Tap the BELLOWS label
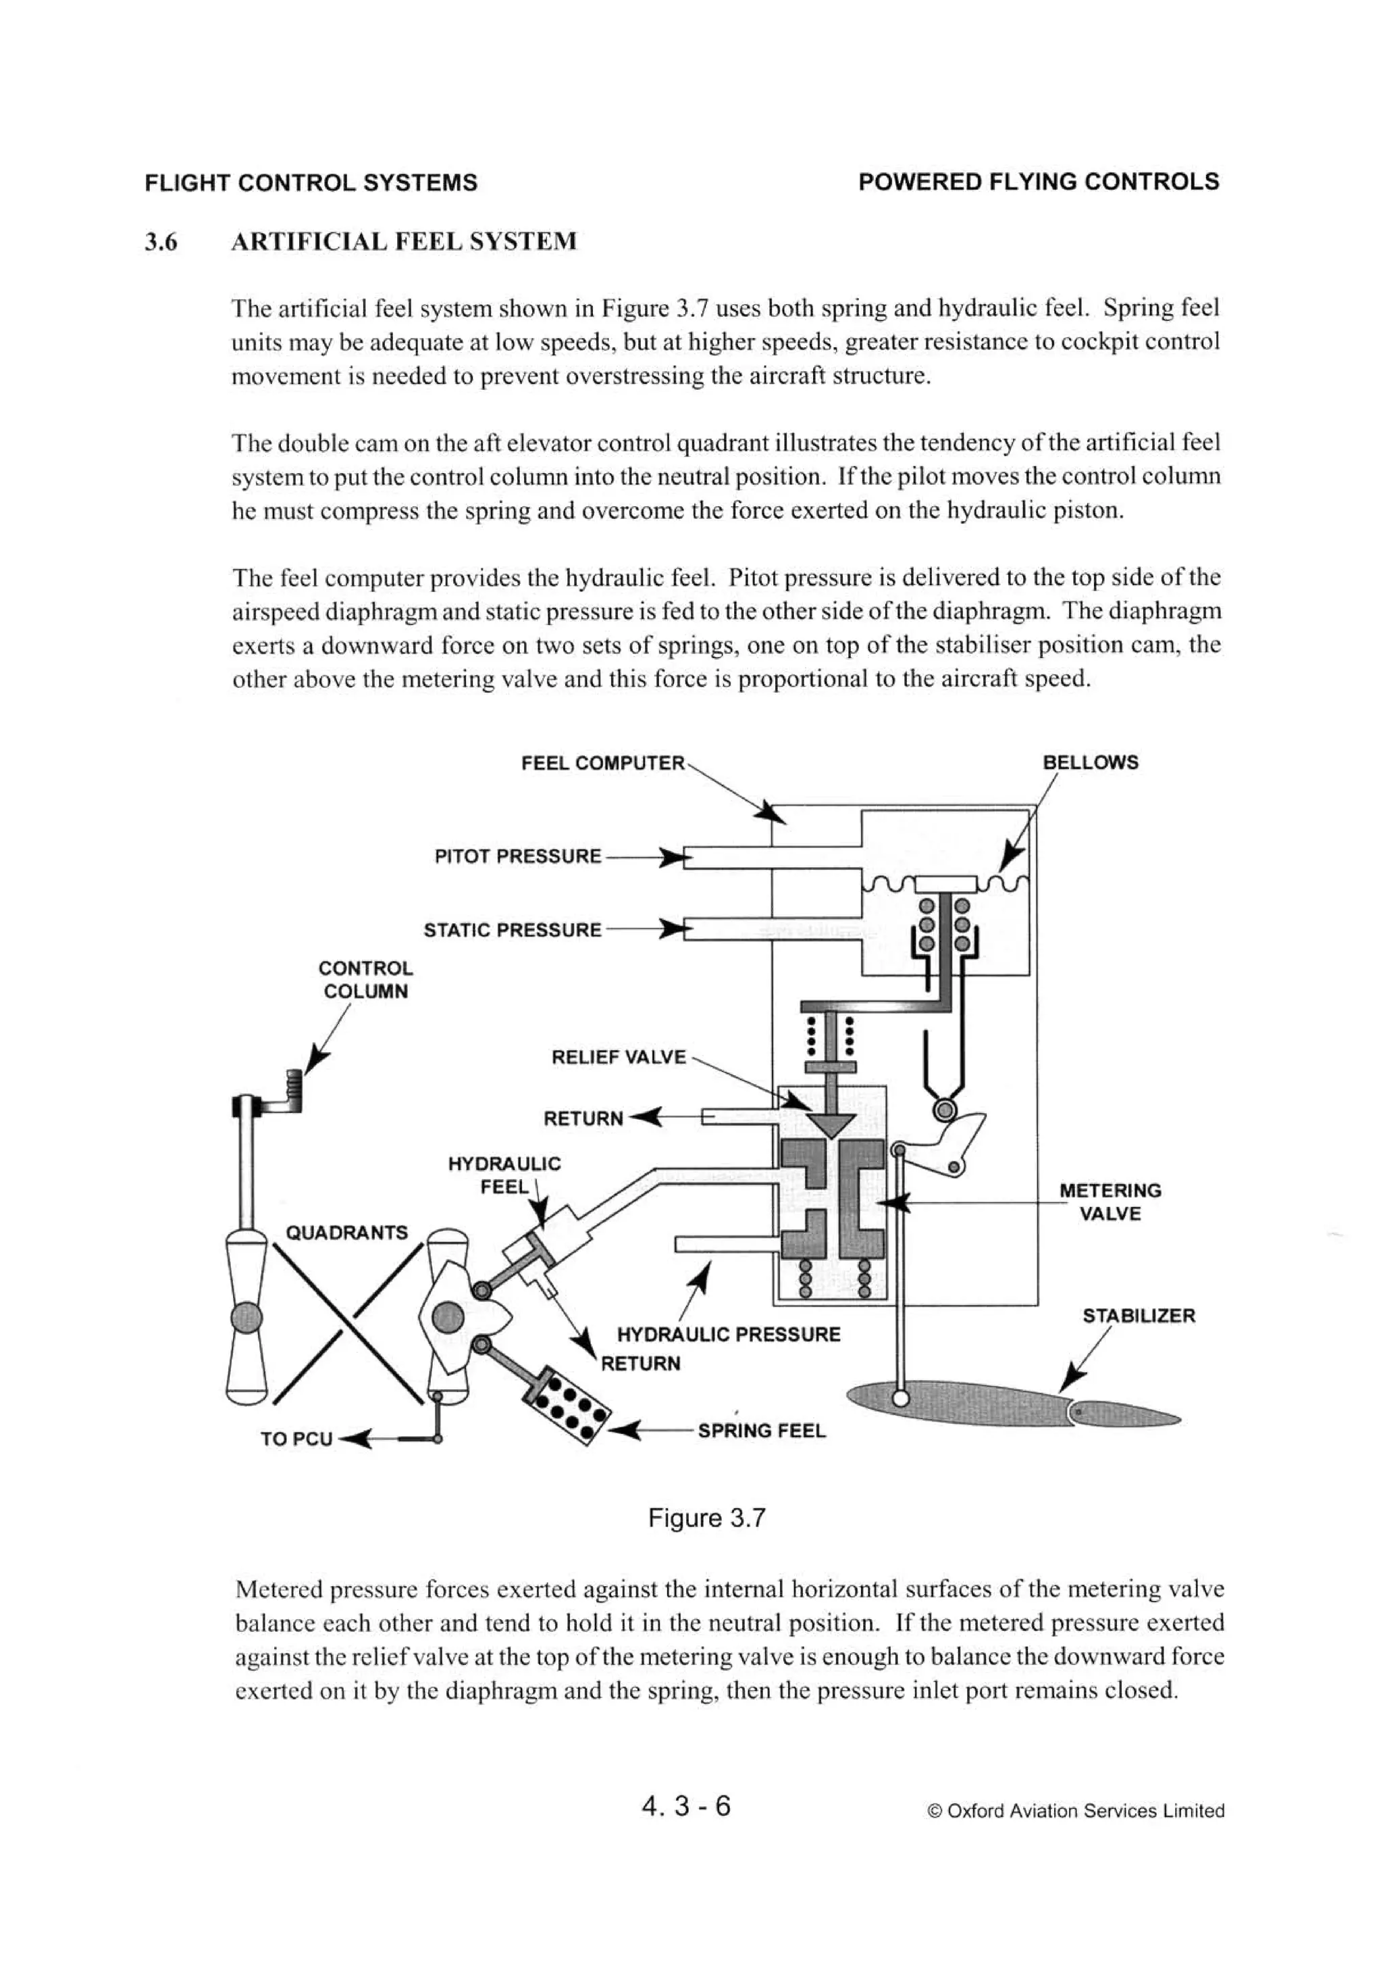coord(1089,762)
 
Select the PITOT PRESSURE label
coord(517,856)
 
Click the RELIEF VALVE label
coord(619,1057)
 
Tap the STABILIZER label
coord(1139,1316)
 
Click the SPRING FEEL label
coord(761,1431)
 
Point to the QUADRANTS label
coord(346,1233)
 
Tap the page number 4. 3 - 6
coord(685,1805)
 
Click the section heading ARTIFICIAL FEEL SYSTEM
coord(403,241)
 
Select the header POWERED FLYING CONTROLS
coord(1039,182)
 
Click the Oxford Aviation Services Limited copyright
coord(1076,1811)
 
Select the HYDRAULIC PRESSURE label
coord(728,1335)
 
